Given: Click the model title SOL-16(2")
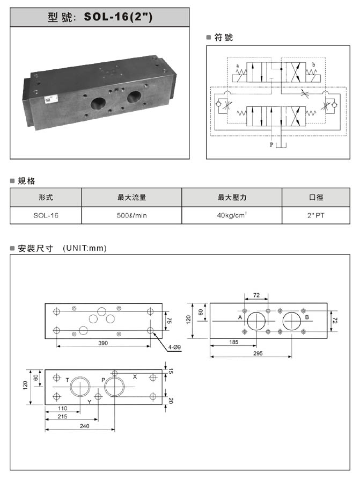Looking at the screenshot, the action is coord(118,17).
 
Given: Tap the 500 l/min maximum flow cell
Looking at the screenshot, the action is coord(132,215).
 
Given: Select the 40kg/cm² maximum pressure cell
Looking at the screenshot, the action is coord(232,215).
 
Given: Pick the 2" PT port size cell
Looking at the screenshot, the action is coord(316,215).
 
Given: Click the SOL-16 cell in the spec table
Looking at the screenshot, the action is coord(46,215).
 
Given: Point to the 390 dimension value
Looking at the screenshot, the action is coord(103,343).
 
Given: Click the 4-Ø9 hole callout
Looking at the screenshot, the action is coord(174,347).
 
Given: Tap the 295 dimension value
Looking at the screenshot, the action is coord(258,353).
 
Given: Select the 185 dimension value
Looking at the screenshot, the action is coord(234,342).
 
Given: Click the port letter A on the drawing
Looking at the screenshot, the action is coord(240,317).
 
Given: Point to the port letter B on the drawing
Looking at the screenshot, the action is coord(307,317).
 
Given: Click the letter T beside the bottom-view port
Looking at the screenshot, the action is coord(68,380).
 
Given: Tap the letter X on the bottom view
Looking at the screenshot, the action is coord(135,376).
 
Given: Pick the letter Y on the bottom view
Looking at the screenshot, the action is coord(89,402).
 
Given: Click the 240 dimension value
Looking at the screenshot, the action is coord(85,426).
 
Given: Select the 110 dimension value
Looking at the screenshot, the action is coord(63,408).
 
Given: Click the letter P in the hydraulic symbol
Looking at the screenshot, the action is coord(271,145).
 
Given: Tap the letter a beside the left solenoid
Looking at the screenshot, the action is coord(238,66).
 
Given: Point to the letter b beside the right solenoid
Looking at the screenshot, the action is coord(313,65).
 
